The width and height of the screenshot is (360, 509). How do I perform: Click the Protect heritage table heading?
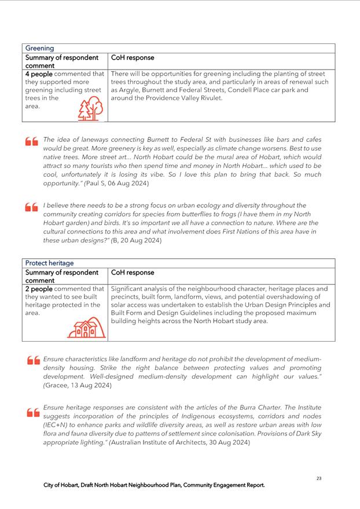pyautogui.click(x=49, y=263)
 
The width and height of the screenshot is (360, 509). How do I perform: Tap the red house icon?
pyautogui.click(x=87, y=328)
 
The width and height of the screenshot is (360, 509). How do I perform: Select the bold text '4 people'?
pyautogui.click(x=40, y=74)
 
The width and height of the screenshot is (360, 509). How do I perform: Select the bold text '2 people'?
pyautogui.click(x=40, y=288)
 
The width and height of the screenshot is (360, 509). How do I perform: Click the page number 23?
pyautogui.click(x=319, y=478)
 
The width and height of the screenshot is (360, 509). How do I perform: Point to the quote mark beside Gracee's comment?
pyautogui.click(x=33, y=361)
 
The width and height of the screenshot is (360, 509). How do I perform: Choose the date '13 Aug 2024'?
pyautogui.click(x=88, y=386)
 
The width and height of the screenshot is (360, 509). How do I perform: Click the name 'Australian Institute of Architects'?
pyautogui.click(x=152, y=442)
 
